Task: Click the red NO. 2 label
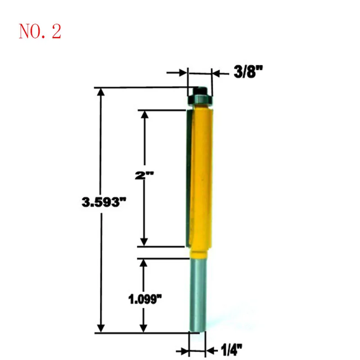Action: point(40,31)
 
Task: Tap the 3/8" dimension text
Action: point(248,72)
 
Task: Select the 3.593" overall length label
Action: point(104,202)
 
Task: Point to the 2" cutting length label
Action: point(144,175)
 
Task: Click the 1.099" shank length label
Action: point(145,299)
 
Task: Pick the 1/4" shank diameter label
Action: point(231,350)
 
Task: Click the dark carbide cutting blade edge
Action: point(189,178)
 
